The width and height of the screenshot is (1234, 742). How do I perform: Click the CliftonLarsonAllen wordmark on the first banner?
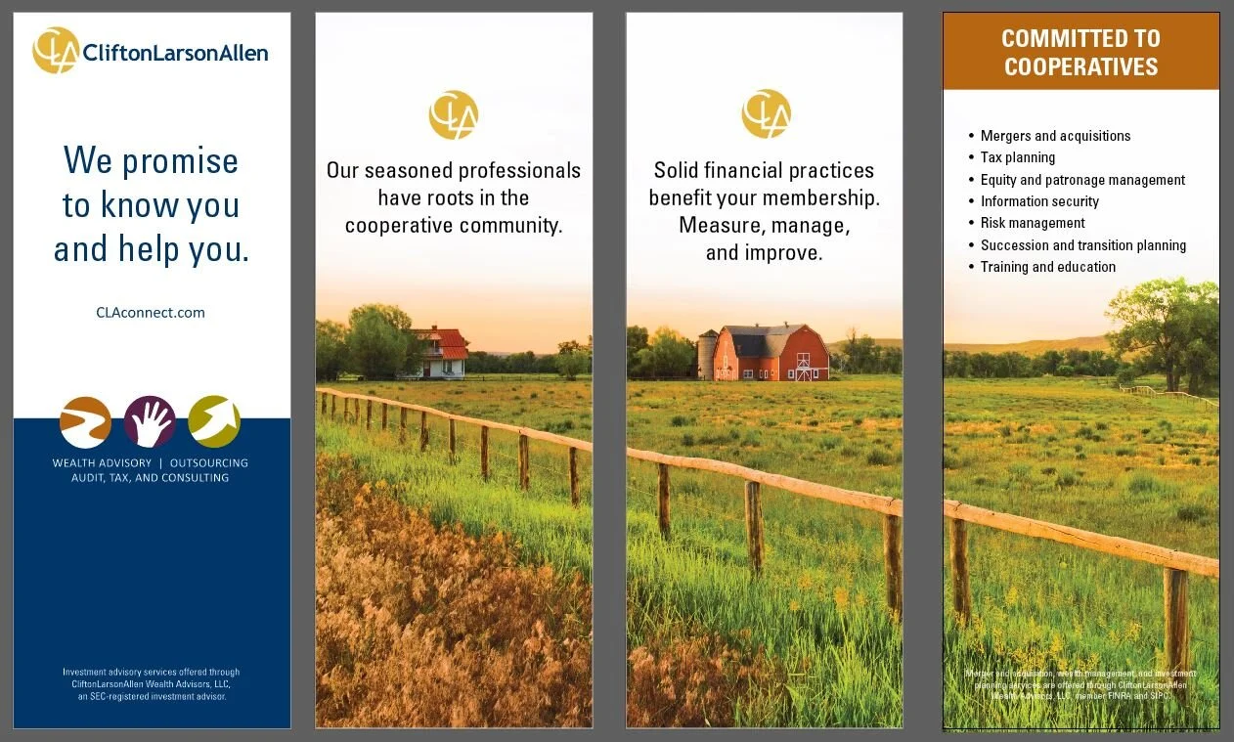point(175,53)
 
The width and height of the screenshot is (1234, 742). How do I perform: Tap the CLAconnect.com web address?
point(151,313)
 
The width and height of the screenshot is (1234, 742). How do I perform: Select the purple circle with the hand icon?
point(150,422)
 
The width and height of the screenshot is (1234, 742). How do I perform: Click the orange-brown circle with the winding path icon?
point(85,422)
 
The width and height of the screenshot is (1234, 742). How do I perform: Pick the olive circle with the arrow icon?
point(214,422)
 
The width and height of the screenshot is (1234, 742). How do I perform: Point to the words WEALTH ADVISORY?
point(102,462)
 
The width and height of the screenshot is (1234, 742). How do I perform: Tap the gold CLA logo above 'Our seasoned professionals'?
point(453,114)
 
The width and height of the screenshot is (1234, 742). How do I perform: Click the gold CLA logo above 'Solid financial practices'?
point(766,114)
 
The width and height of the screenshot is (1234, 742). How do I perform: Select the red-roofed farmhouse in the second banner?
point(439,352)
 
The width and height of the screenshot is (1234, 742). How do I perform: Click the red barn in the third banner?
point(772,353)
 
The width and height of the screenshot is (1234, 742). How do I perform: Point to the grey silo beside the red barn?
point(706,355)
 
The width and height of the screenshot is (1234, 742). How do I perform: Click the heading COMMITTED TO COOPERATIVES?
point(1080,53)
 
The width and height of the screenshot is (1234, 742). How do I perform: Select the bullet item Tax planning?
point(1018,157)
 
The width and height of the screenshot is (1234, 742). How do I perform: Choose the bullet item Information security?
point(1039,201)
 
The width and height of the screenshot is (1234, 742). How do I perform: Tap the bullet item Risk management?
point(1033,223)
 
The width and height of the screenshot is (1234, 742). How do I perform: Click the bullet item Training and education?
point(1047,267)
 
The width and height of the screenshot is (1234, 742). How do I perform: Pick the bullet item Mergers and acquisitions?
point(1055,136)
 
